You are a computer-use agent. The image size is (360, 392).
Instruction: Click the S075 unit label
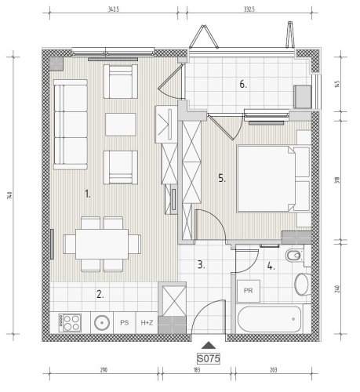(209, 358)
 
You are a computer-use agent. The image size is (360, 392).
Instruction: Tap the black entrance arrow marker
(209, 345)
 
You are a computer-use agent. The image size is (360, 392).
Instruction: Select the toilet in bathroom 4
(294, 256)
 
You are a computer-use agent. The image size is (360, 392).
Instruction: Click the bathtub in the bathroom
(270, 319)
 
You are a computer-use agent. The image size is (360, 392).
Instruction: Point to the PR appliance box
(249, 291)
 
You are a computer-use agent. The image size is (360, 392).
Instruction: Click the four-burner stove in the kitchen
(70, 323)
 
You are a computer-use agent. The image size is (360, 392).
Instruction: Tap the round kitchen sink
(102, 323)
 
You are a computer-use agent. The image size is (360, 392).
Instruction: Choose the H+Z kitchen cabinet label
(147, 323)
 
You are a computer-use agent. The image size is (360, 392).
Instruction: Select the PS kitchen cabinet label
(125, 323)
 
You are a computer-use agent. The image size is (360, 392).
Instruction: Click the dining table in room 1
(102, 244)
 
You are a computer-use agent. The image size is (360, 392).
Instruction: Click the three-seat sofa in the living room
(71, 125)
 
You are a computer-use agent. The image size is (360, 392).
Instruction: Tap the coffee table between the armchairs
(121, 125)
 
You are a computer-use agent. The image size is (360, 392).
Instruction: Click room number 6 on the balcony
(243, 85)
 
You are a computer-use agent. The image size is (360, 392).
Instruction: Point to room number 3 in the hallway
(201, 265)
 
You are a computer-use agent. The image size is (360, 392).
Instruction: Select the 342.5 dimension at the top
(114, 9)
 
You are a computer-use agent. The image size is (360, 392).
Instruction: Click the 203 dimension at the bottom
(273, 370)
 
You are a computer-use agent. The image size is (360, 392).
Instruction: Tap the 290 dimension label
(104, 370)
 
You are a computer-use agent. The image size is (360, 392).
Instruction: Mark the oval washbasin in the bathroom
(303, 285)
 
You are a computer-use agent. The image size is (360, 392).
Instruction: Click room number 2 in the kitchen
(100, 295)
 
